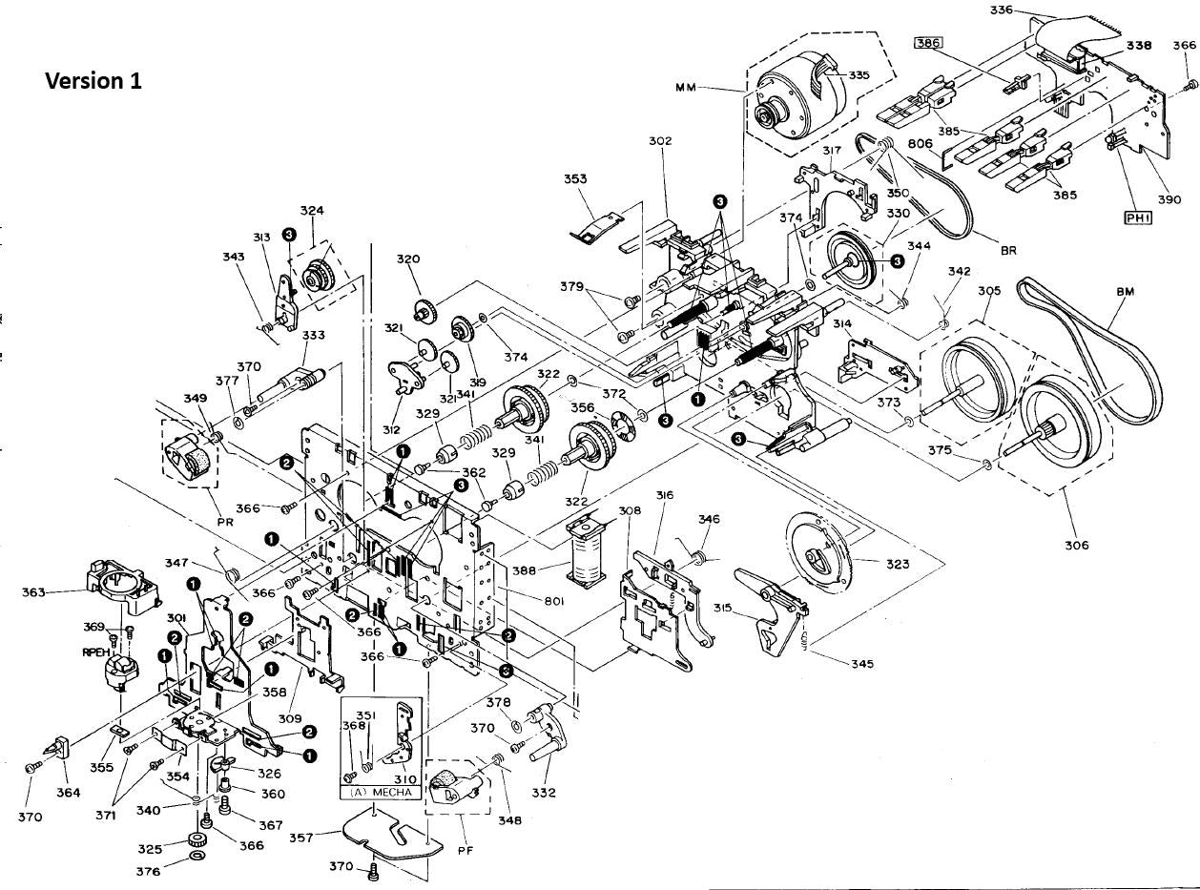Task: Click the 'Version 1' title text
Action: click(x=93, y=81)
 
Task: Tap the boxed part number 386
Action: click(x=926, y=44)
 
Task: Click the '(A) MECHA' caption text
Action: click(x=382, y=792)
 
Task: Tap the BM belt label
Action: click(x=1127, y=292)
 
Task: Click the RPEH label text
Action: click(x=94, y=652)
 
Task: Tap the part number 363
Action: click(x=34, y=592)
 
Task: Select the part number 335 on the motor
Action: click(x=858, y=75)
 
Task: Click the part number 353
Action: click(x=575, y=179)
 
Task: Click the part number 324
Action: click(x=312, y=211)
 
